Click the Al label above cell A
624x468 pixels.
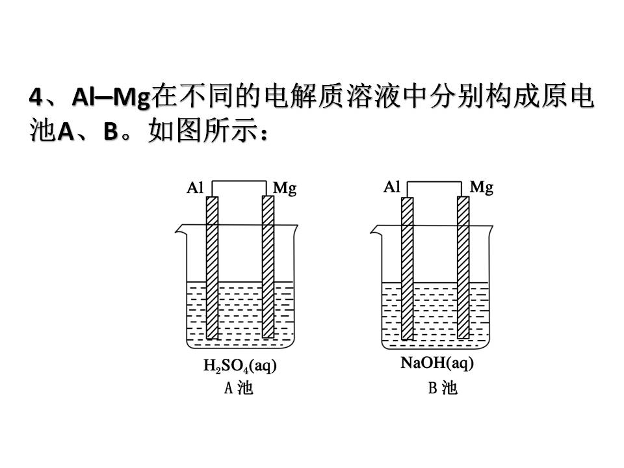click(195, 188)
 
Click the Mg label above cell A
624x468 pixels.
click(285, 189)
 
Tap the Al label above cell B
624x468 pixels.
click(391, 187)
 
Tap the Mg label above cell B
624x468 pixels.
click(482, 188)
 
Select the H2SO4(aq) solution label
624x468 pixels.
click(240, 367)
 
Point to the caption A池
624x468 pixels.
click(238, 389)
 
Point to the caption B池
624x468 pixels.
click(442, 389)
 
